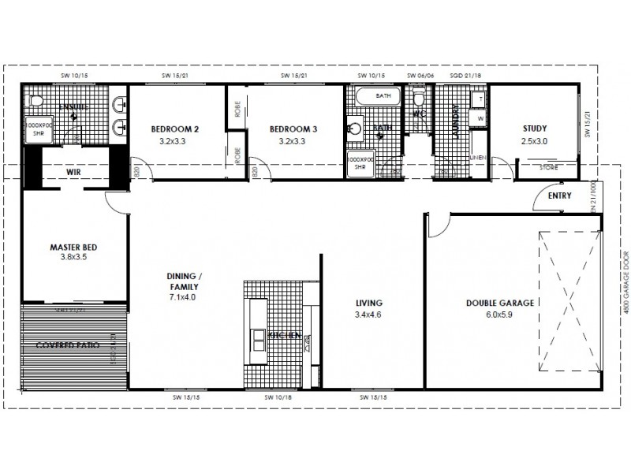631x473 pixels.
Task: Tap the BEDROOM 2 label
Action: pos(174,129)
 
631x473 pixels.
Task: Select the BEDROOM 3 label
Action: pos(293,129)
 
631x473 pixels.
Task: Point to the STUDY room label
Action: pos(535,129)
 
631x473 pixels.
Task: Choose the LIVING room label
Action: pos(369,303)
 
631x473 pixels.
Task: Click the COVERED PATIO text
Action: pos(66,346)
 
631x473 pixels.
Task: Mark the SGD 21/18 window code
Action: pos(465,76)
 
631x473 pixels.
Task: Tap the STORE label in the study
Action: pos(547,166)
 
